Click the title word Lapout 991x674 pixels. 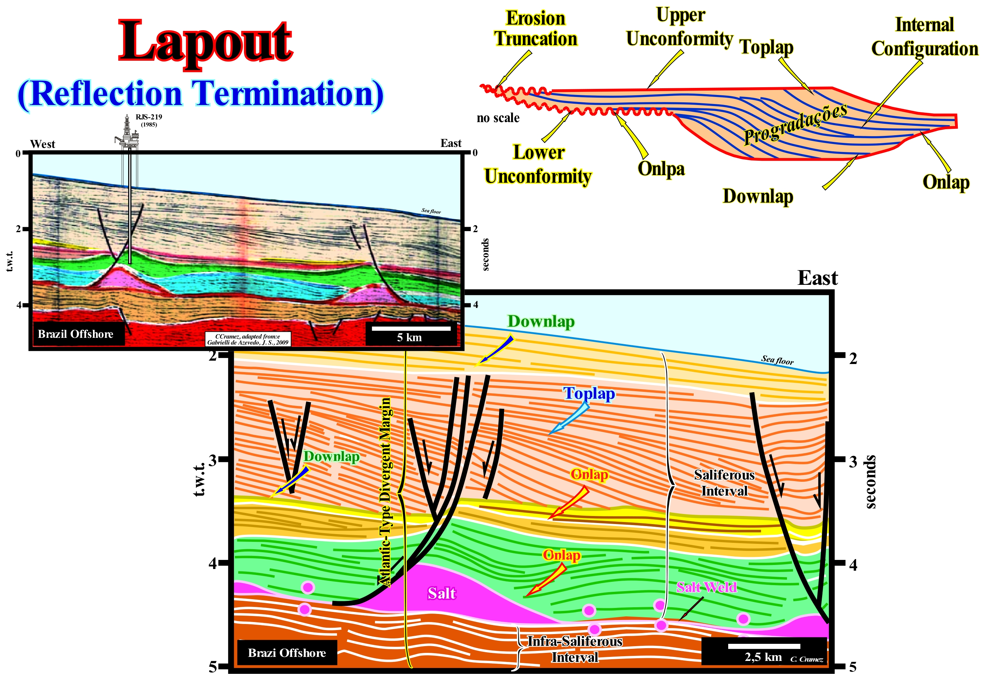[205, 42]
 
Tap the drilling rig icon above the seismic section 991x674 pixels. [128, 132]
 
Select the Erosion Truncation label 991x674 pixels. [536, 29]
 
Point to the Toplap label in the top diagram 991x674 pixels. [766, 47]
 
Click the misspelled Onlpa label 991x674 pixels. [661, 169]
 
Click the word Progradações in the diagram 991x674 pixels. [796, 124]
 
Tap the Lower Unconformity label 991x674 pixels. [538, 164]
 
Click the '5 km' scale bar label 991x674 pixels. [409, 338]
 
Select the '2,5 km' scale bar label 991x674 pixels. [763, 657]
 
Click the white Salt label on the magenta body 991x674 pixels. [442, 593]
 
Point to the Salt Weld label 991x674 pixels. [706, 587]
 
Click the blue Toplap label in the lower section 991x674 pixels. [589, 394]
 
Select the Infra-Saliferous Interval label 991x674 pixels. [575, 649]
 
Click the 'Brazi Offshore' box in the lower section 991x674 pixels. [287, 653]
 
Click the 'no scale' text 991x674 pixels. [498, 118]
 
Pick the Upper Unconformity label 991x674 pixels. [680, 27]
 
